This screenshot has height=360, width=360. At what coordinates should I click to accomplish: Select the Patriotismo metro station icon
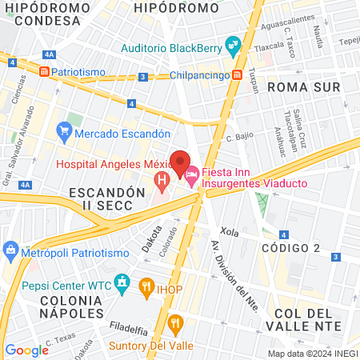pyautogui.click(x=44, y=71)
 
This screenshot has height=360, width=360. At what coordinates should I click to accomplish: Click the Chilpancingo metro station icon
pyautogui.click(x=238, y=76)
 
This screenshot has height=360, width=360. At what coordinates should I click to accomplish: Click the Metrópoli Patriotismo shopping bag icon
pyautogui.click(x=10, y=251)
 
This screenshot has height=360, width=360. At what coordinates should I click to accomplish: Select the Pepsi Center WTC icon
pyautogui.click(x=122, y=282)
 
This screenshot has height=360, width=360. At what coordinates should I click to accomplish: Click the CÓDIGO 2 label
pyautogui.click(x=290, y=248)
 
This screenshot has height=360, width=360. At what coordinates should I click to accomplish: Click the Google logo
pyautogui.click(x=26, y=350)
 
